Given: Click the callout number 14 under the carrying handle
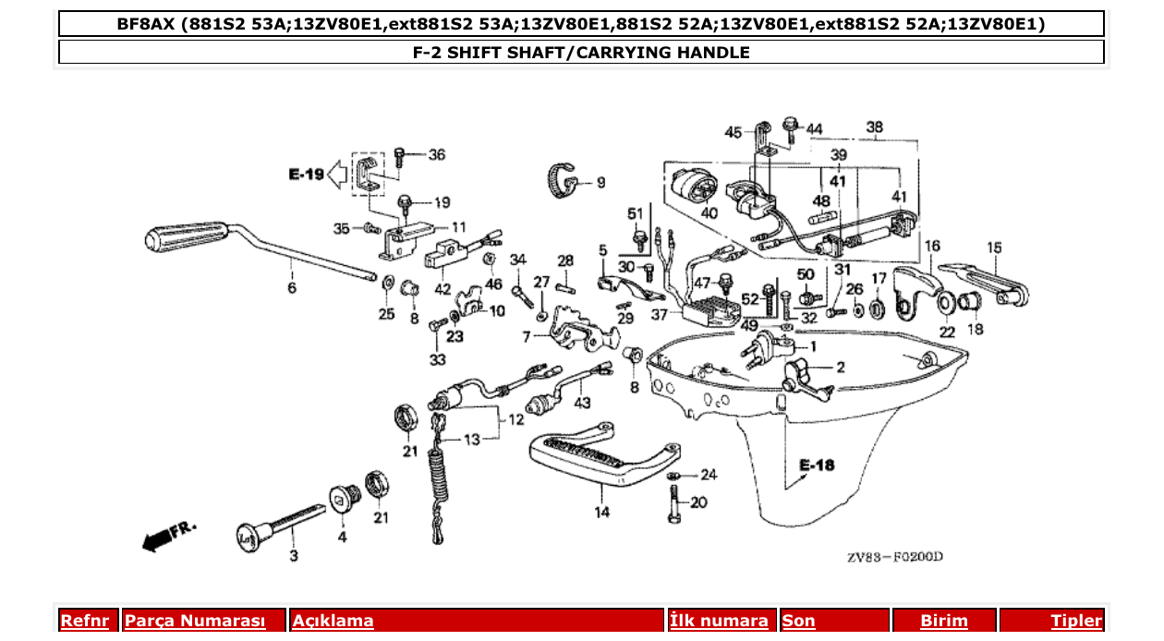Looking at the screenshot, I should click(x=601, y=512).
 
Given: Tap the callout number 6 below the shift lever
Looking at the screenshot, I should click(x=292, y=287).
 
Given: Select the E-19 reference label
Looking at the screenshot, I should click(x=306, y=174).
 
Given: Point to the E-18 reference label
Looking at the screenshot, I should click(x=817, y=465).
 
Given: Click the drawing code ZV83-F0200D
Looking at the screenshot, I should click(x=894, y=557).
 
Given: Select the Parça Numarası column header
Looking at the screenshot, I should click(x=194, y=621).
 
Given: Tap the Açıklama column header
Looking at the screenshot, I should click(x=333, y=621).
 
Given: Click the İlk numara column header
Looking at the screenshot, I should click(x=719, y=621).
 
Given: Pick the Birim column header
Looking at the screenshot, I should click(x=944, y=621).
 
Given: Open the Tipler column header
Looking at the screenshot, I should click(x=1075, y=621).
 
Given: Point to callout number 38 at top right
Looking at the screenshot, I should click(x=874, y=127).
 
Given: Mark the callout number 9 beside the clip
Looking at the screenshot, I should click(x=600, y=182).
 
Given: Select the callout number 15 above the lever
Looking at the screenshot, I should click(x=994, y=247).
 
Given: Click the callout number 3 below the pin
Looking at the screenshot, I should click(x=294, y=556).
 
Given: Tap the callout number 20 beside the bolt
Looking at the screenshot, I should click(x=698, y=503).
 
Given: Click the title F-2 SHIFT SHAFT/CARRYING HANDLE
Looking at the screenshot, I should click(x=581, y=53).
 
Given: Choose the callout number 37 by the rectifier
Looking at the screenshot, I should click(x=658, y=315).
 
